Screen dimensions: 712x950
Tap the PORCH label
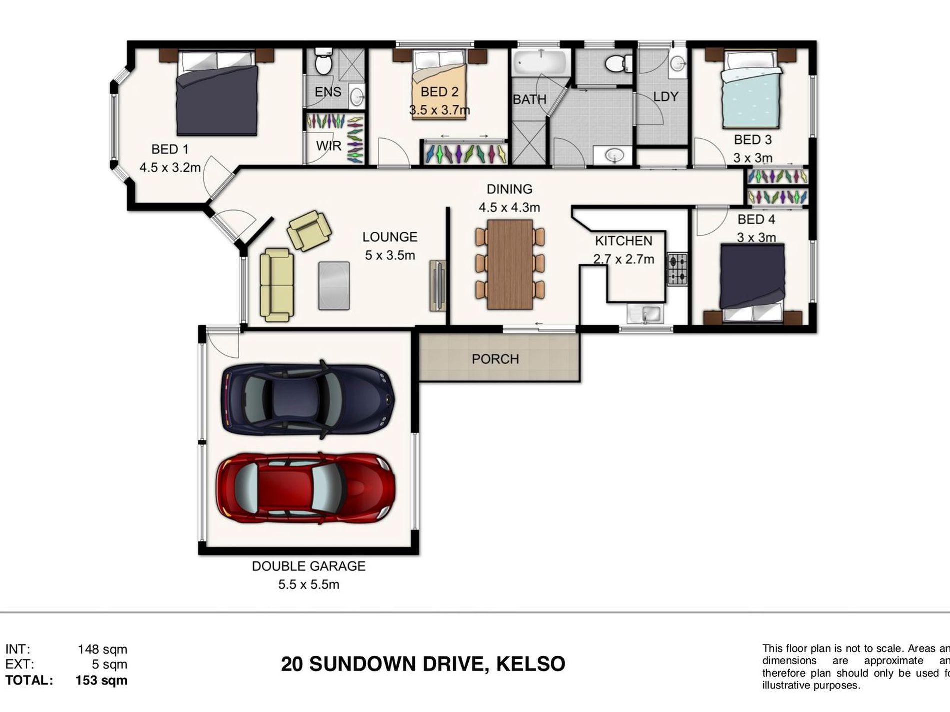[x=495, y=359]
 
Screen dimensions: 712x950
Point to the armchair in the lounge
[x=309, y=231]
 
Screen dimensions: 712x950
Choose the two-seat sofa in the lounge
[x=276, y=285]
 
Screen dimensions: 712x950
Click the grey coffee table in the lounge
[x=334, y=285]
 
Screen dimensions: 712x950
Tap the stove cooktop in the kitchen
[x=678, y=269]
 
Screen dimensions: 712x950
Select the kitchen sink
[x=646, y=314]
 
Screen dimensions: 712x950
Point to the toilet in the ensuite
[x=324, y=62]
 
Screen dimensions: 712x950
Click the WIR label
[x=328, y=146]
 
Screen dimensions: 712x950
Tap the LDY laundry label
[x=665, y=96]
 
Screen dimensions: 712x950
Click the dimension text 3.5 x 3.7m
[x=439, y=110]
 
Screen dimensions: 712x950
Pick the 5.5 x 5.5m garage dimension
[x=308, y=584]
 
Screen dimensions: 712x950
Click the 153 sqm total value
[x=101, y=680]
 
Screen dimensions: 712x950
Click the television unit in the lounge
[x=437, y=285]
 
